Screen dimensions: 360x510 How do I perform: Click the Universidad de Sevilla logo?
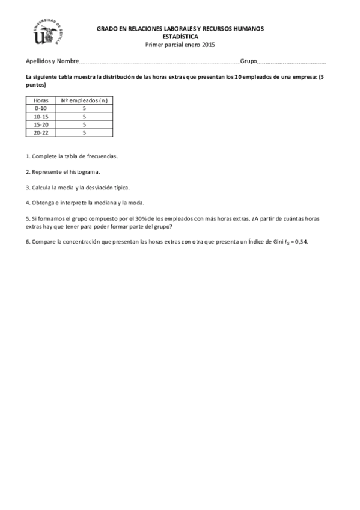coord(48,32)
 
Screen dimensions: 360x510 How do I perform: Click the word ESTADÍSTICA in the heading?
coord(180,36)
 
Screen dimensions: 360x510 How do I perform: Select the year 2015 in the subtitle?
coord(207,44)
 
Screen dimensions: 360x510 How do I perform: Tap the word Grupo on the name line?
coord(248,61)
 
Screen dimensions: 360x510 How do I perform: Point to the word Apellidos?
coord(38,61)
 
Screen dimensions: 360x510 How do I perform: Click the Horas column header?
coord(41,100)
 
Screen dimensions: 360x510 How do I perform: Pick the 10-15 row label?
coord(41,116)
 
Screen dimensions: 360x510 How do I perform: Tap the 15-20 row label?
coord(41,124)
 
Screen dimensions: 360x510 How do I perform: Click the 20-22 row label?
coord(41,132)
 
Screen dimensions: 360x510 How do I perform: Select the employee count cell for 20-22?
coord(84,132)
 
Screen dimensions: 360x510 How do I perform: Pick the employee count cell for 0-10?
coord(84,108)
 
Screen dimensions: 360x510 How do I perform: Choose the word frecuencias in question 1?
coord(103,156)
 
